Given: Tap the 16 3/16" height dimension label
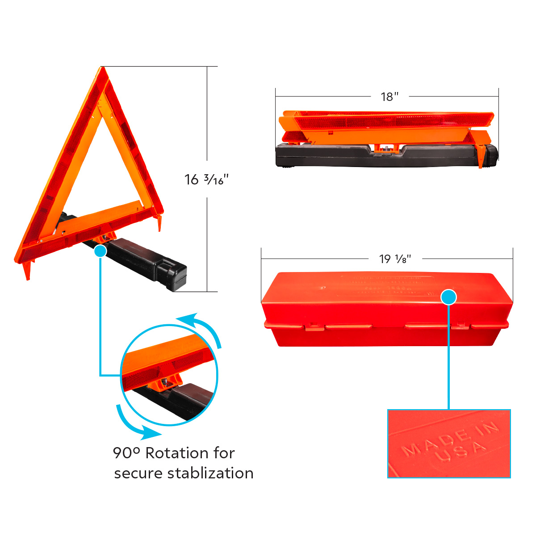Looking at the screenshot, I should (x=206, y=180).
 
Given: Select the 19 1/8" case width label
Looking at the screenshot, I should (x=395, y=259).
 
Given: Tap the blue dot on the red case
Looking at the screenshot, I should (x=448, y=297).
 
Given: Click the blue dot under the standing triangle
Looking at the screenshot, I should (x=100, y=251).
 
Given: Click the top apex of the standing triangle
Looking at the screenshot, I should (x=102, y=69).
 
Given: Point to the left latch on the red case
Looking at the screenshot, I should (x=315, y=327).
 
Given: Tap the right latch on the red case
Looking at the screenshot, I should (x=460, y=326).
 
